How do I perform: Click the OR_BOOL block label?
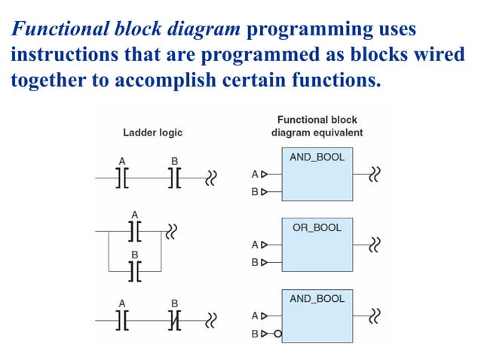[x=317, y=227]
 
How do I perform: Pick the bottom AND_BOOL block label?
[x=317, y=298]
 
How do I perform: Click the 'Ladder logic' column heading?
[x=152, y=133]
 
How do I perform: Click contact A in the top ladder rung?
[x=121, y=178]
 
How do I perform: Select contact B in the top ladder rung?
[x=175, y=178]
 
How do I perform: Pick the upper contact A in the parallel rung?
[x=135, y=230]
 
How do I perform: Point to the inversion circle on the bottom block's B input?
[x=277, y=333]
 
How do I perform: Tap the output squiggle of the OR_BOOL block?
[x=375, y=244]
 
